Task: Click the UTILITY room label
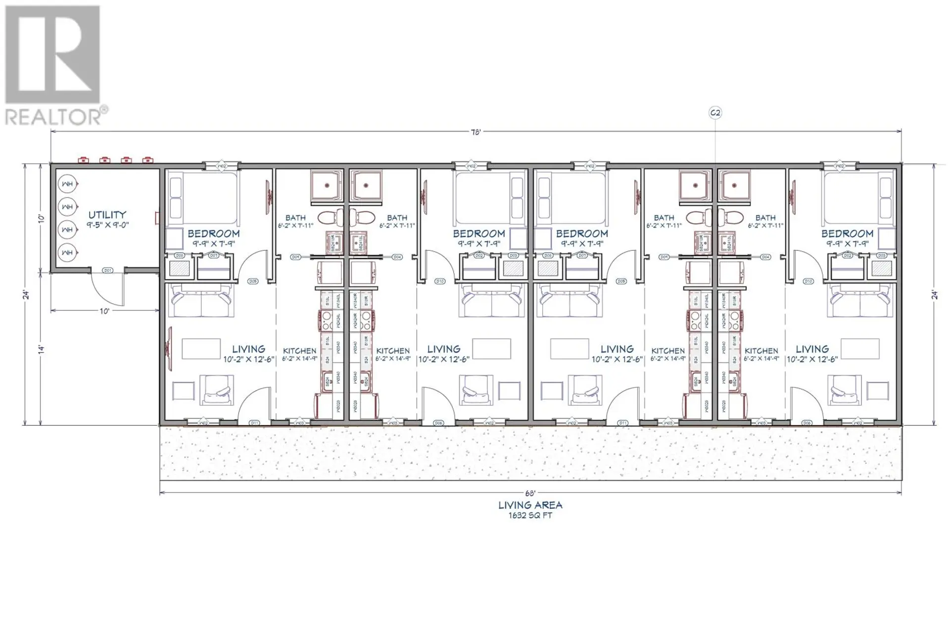click(107, 215)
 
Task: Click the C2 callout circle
click(715, 113)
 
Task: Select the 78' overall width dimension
click(475, 132)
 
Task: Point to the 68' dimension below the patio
click(530, 493)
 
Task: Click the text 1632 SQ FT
click(530, 515)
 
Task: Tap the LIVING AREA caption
click(530, 505)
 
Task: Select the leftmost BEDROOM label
click(213, 233)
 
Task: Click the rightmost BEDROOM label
click(847, 233)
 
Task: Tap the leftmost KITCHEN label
click(299, 351)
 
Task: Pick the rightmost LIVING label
click(812, 349)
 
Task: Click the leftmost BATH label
click(295, 218)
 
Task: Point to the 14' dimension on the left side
click(42, 349)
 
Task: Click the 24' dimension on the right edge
click(935, 295)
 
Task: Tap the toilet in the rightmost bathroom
click(732, 217)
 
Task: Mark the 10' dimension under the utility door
click(104, 311)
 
